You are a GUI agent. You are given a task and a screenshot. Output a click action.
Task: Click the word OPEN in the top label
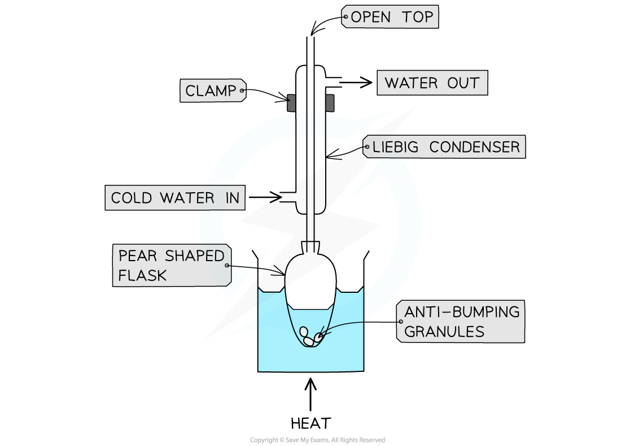coord(371,17)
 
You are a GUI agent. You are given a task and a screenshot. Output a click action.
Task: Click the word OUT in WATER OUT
coord(463,83)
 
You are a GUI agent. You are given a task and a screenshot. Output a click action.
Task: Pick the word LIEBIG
coord(396,147)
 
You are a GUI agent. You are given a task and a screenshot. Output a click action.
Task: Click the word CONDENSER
coord(474,147)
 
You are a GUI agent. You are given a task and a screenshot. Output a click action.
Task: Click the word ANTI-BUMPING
coord(462,311)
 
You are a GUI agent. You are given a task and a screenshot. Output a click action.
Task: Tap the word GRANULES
coord(444,331)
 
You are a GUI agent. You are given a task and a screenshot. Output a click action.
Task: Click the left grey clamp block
coord(291,103)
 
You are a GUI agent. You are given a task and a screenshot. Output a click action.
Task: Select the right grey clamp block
coord(330,103)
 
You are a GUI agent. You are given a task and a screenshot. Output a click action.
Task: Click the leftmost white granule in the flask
coord(304,331)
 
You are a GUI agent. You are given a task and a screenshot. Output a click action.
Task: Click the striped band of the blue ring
coord(310,124)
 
